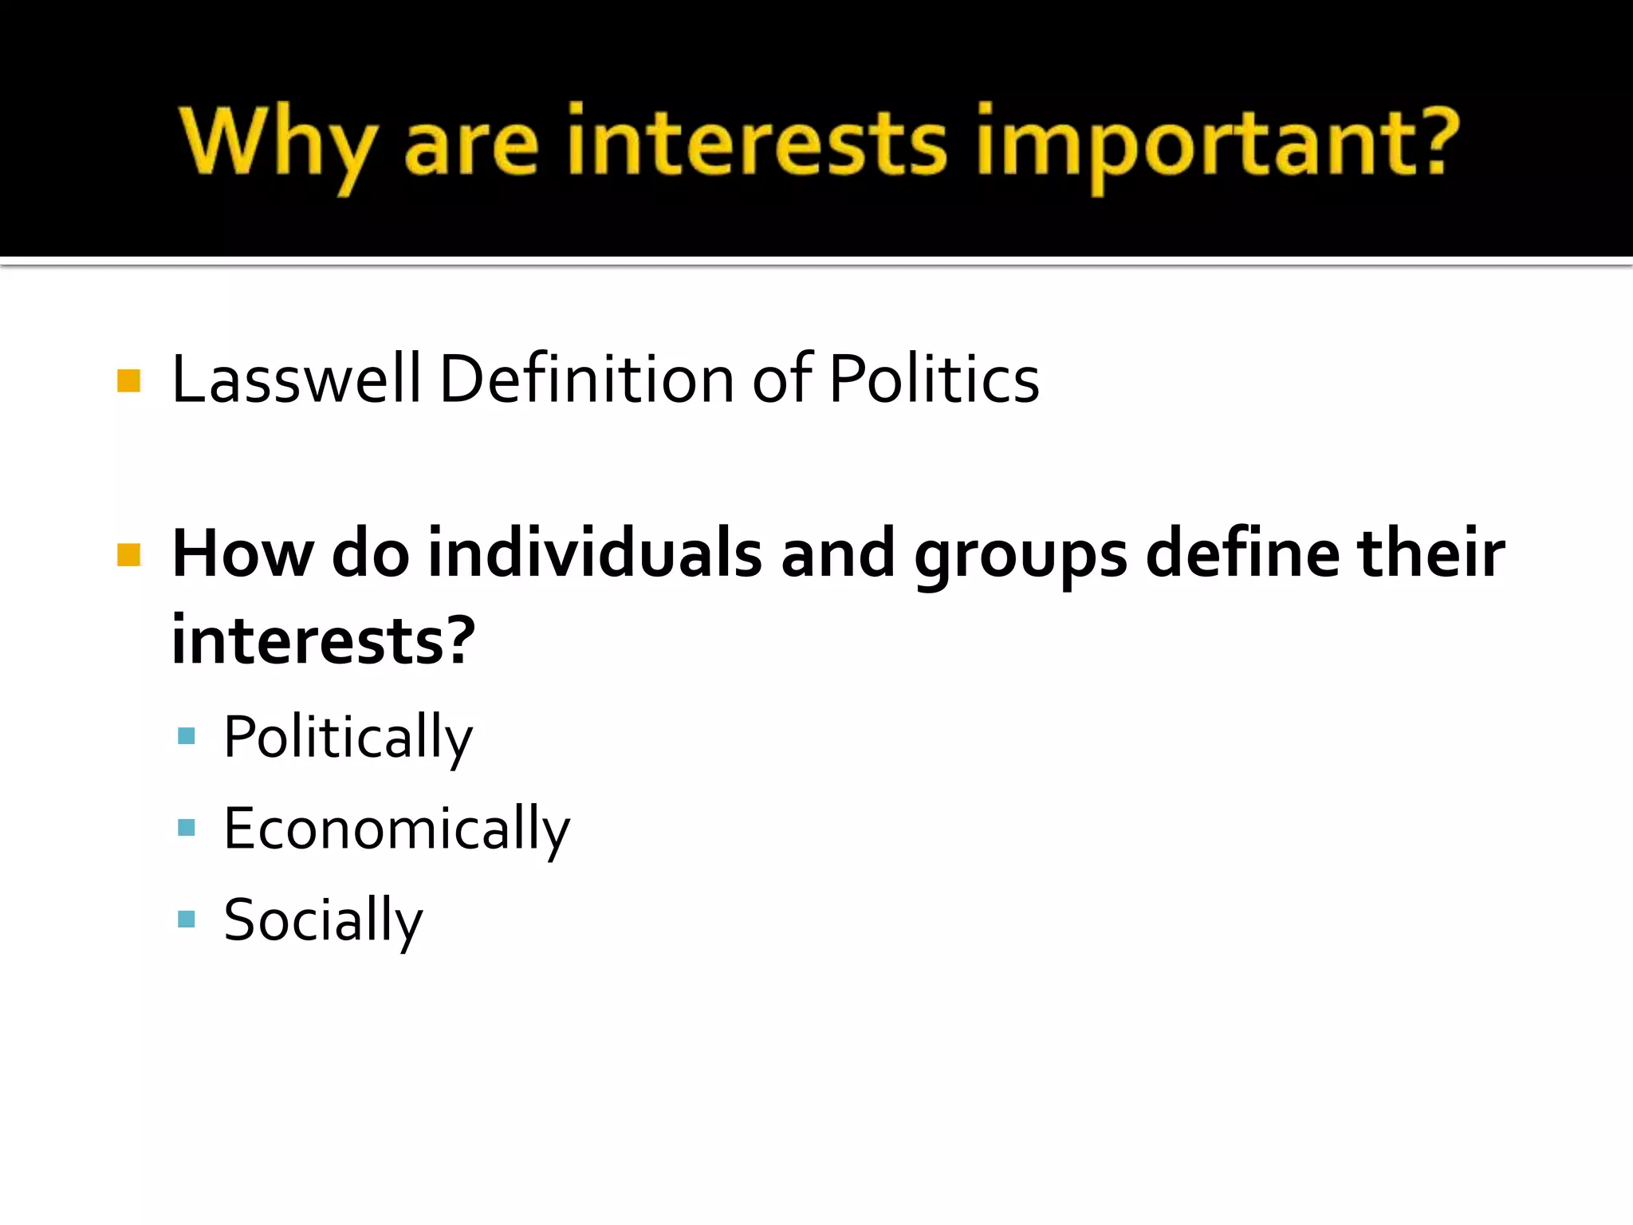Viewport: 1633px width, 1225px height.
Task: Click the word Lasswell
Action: [x=296, y=379]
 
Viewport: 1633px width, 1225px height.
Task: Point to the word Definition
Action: [x=587, y=379]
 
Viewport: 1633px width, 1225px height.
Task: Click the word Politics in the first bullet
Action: [x=934, y=379]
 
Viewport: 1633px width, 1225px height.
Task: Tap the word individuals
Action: [x=595, y=553]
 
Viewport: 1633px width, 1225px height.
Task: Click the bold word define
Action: [x=1242, y=553]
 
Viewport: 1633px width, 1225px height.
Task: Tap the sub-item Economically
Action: [x=397, y=829]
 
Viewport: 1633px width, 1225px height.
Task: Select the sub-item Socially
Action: [x=323, y=921]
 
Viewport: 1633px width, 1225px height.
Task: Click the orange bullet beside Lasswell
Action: [x=128, y=380]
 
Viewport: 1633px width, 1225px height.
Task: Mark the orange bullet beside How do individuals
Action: [x=128, y=554]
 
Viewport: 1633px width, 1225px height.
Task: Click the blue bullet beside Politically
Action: [x=187, y=736]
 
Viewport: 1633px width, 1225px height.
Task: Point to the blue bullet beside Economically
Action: [x=187, y=828]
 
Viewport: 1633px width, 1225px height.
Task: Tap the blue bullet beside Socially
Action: [x=187, y=920]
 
